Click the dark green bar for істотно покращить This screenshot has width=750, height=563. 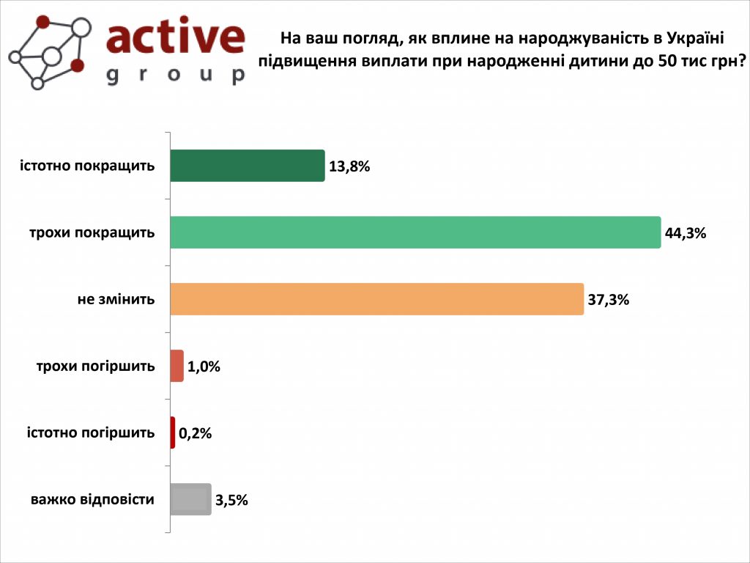coord(247,166)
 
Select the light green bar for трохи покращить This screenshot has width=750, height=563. coord(415,232)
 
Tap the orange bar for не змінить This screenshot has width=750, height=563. coord(376,299)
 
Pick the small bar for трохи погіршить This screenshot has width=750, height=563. coord(177,366)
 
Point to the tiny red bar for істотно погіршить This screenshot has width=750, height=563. coord(173,433)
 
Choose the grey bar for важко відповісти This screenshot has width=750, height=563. coord(190,500)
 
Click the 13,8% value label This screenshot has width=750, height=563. coord(350,166)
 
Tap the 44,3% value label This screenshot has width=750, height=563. coord(686,233)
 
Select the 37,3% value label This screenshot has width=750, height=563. coord(609,300)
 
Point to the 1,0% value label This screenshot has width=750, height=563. coord(204,367)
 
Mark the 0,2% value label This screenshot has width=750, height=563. coord(196,433)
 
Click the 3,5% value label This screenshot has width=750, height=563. coord(232,501)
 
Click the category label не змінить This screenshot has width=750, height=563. coord(116,299)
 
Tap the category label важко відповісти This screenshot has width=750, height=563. coord(92,500)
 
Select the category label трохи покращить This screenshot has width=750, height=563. coord(92,232)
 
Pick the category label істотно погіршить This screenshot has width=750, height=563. coord(91,433)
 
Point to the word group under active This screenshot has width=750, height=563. coord(176,76)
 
